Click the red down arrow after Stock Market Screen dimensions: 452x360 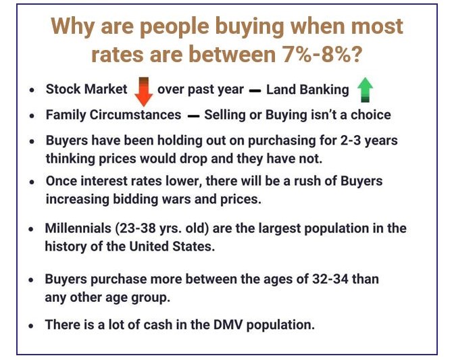(x=143, y=92)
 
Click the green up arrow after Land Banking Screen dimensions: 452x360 (x=365, y=90)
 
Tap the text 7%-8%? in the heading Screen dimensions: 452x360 (x=322, y=54)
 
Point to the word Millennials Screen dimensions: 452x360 (x=78, y=228)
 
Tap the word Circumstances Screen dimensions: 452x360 (x=136, y=115)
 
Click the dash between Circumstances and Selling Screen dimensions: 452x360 (x=193, y=116)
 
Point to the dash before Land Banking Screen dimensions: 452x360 (x=255, y=91)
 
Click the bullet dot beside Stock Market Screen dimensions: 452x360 (x=32, y=91)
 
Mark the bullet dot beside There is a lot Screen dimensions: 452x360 (x=31, y=326)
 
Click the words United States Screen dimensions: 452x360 (x=172, y=247)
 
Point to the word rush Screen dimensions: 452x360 (x=307, y=181)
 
